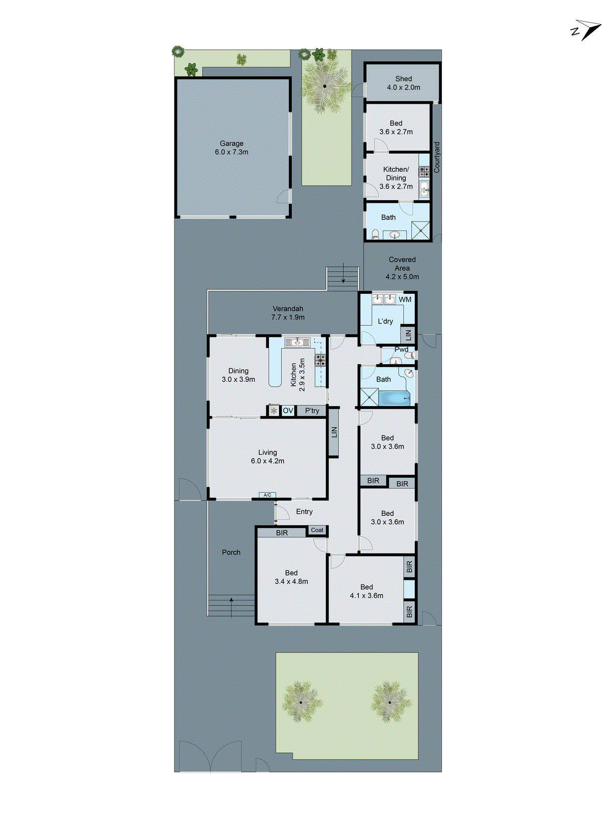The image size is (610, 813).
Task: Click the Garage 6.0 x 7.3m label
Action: click(231, 148)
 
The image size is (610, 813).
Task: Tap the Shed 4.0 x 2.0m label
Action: click(404, 83)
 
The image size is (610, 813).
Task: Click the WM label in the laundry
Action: click(405, 299)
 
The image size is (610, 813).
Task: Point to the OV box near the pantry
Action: click(288, 411)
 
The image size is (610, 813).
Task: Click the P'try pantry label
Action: click(312, 411)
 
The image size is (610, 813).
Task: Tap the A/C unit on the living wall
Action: click(267, 495)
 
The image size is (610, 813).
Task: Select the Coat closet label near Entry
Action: click(317, 530)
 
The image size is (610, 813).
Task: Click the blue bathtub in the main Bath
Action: click(394, 398)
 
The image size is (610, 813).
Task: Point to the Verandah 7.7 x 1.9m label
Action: click(288, 313)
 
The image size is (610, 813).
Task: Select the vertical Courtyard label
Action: click(437, 158)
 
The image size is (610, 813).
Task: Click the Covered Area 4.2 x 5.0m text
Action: click(402, 268)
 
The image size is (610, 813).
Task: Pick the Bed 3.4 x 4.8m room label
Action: click(291, 577)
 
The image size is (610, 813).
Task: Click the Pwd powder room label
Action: click(401, 350)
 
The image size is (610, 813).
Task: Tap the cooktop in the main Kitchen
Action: click(320, 360)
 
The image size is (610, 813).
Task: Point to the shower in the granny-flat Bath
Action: click(420, 230)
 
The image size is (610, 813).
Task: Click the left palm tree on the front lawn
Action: click(301, 702)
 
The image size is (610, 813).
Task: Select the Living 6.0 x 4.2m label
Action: click(267, 457)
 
